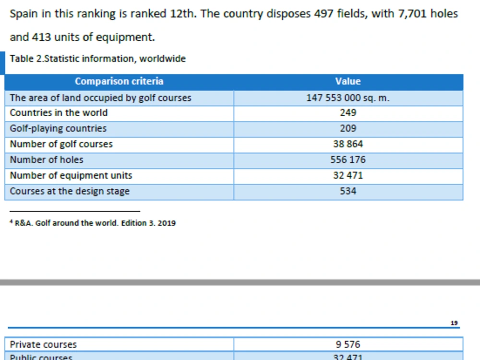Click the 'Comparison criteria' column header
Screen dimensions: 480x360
(119, 81)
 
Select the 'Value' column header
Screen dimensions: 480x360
(348, 81)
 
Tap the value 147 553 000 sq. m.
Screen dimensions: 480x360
(348, 97)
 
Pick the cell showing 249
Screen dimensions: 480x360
(348, 113)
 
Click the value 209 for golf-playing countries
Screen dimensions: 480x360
(348, 128)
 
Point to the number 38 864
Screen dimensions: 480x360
(348, 144)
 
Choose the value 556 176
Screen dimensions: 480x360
(348, 159)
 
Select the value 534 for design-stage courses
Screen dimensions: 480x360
(348, 191)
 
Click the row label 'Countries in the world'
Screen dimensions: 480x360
(59, 113)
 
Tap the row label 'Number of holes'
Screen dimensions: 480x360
(47, 159)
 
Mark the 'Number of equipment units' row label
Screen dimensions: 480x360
(71, 175)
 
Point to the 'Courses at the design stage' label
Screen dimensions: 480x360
(70, 191)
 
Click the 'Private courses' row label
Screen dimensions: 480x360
(43, 344)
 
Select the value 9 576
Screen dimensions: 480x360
(348, 344)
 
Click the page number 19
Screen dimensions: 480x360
(454, 323)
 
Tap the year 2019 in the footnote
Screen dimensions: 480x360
(167, 223)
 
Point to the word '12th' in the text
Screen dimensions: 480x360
(183, 14)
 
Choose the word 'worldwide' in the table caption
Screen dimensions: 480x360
(163, 59)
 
